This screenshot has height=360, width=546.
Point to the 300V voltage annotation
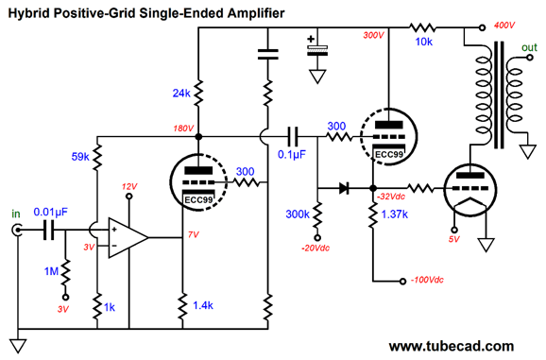pos(375,35)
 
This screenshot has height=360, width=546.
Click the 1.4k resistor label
pos(201,307)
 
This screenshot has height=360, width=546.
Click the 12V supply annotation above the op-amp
pos(130,185)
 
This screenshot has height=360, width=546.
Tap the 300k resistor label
pos(299,216)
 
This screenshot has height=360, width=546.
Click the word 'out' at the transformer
pos(530,46)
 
